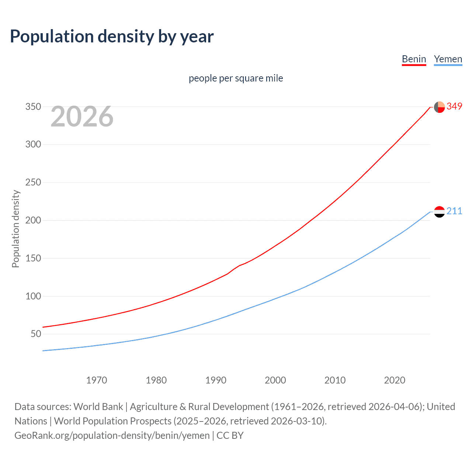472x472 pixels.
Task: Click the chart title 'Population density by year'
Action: (x=112, y=37)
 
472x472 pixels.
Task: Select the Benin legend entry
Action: (x=414, y=59)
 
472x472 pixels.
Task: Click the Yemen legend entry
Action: (x=448, y=59)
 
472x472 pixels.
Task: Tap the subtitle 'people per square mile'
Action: (x=236, y=78)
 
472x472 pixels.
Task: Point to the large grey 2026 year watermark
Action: (x=82, y=117)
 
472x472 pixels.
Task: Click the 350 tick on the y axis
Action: (x=33, y=107)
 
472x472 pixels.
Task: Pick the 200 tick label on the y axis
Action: (x=33, y=220)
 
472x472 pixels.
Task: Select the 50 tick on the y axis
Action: (x=36, y=334)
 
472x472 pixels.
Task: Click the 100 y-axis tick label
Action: (x=33, y=296)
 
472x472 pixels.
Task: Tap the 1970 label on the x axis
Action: (x=97, y=380)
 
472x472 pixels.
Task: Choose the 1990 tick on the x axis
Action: (x=216, y=380)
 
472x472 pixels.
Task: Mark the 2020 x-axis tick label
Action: (x=395, y=380)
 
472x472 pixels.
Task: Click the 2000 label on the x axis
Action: (x=275, y=380)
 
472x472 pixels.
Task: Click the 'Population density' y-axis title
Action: (x=15, y=229)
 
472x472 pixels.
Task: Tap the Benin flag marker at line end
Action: (x=439, y=107)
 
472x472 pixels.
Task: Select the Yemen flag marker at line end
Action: (x=439, y=212)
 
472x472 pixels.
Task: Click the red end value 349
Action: (x=454, y=106)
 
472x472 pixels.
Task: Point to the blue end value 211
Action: (x=454, y=211)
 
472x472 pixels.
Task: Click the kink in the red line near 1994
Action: (x=239, y=265)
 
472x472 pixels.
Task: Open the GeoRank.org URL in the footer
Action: (x=112, y=435)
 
